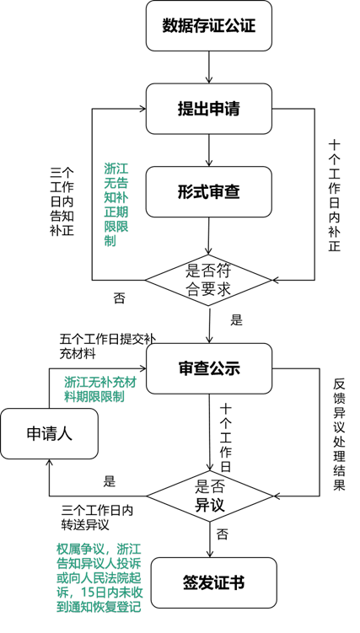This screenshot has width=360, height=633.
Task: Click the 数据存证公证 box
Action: pos(208,26)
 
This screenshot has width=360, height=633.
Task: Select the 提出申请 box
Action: pos(208,109)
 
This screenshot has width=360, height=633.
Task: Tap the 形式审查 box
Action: pos(208,192)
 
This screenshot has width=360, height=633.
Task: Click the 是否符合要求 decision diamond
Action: pos(208,280)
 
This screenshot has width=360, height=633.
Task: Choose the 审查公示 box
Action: pos(209,368)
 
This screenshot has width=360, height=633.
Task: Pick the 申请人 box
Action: pos(49,433)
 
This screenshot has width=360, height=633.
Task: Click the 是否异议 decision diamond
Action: pos(209,496)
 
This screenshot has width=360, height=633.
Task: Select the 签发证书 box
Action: pos(214,583)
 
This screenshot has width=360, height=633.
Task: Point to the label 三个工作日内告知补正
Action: pos(62,201)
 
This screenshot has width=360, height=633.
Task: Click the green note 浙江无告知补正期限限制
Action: pos(116,204)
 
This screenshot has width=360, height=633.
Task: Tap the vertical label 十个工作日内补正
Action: pos(334,196)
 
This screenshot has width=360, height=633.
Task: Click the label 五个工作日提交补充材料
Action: pos(107,346)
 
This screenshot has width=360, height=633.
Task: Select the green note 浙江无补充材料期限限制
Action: pos(100,389)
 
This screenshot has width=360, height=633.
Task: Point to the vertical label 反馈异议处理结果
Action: pos(340,434)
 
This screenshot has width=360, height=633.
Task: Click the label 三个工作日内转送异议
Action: pos(97,518)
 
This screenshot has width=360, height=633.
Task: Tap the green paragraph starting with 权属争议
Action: pos(99,578)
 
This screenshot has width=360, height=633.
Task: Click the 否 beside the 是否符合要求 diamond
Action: pos(119,298)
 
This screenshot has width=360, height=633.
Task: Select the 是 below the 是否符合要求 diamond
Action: pos(237,320)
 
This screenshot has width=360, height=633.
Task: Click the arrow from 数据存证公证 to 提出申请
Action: pos(209,67)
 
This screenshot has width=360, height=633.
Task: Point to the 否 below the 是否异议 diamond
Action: pos(223,534)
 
